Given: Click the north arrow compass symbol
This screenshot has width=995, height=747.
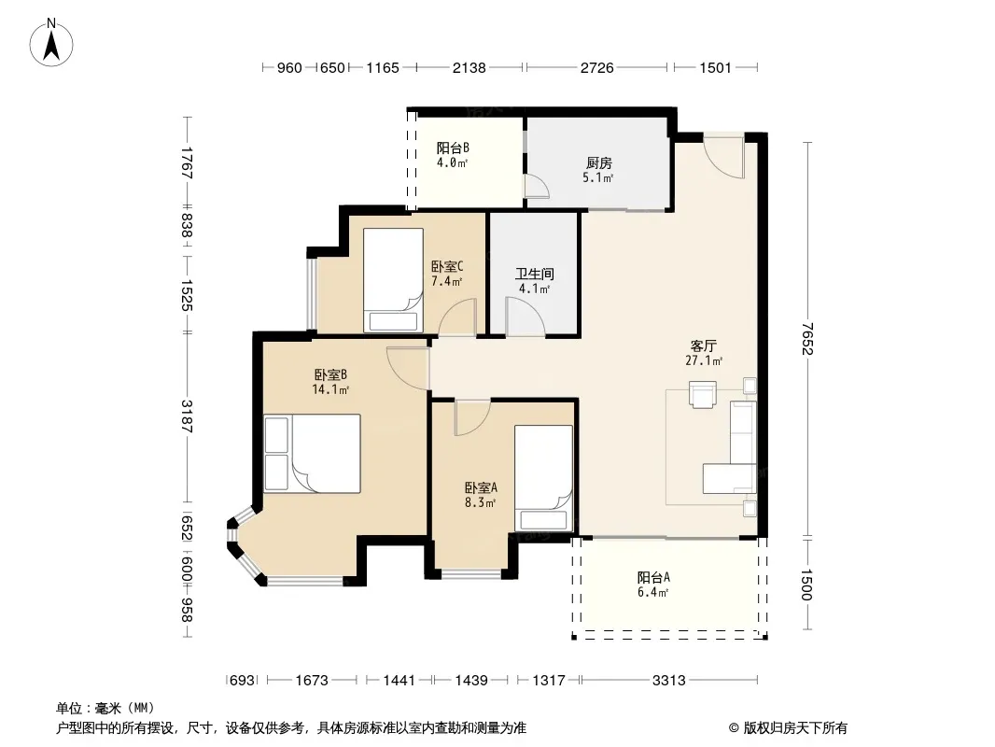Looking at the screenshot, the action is point(51,43).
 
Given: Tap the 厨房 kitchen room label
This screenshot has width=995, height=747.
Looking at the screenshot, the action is point(598,163).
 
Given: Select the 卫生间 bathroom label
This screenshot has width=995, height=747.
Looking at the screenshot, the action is point(534,274).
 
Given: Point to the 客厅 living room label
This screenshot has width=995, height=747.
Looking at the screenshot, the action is point(704,345).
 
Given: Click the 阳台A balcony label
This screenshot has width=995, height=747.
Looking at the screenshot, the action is point(653,578).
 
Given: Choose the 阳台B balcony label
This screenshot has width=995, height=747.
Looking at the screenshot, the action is point(453,148).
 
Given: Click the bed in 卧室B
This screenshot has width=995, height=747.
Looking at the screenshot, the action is point(312,453).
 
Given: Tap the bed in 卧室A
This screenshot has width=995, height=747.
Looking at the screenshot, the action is point(544,478).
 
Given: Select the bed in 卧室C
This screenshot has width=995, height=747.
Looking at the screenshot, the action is point(394,280).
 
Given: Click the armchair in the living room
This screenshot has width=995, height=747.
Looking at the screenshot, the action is point(703,393).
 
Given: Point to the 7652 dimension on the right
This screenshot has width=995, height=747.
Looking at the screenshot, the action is point(806,339).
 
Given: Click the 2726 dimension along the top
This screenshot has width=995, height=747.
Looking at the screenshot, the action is point(597,67).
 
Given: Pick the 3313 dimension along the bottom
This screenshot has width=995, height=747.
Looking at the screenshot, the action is point(669,681).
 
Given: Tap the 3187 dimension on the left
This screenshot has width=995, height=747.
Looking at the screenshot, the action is point(187,416).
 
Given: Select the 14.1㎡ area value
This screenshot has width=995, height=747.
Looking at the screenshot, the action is point(330,389).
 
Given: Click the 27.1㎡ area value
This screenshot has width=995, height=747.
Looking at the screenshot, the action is point(704,360).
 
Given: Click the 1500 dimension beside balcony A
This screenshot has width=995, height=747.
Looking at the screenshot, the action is point(806,585).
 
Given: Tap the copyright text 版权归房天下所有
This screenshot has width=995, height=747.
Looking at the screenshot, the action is point(795,728).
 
